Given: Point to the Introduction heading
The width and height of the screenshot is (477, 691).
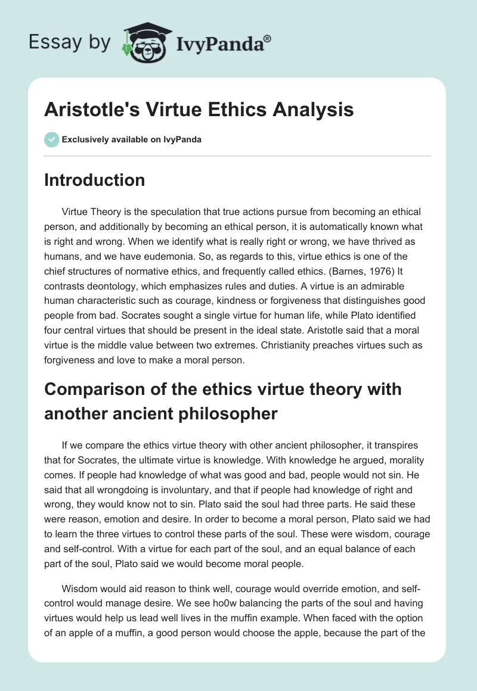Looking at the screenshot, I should tap(94, 180).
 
